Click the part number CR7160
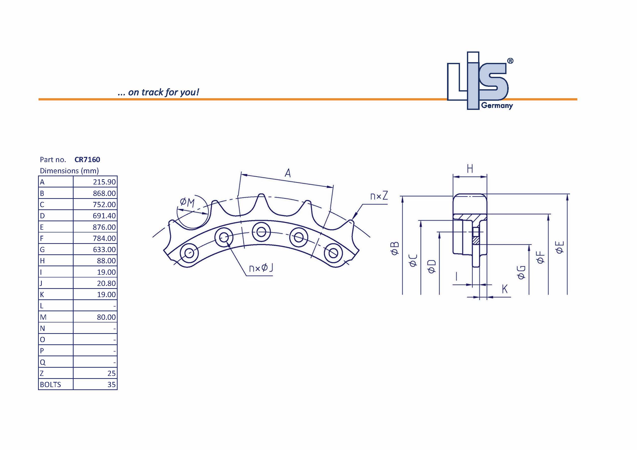87,160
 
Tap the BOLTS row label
50,385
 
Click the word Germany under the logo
497,105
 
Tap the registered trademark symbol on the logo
510,61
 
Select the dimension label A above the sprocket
288,173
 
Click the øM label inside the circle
187,203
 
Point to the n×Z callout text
379,196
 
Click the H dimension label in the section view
470,169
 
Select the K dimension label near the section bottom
504,289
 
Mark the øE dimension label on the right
560,247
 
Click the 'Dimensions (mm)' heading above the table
69,171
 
